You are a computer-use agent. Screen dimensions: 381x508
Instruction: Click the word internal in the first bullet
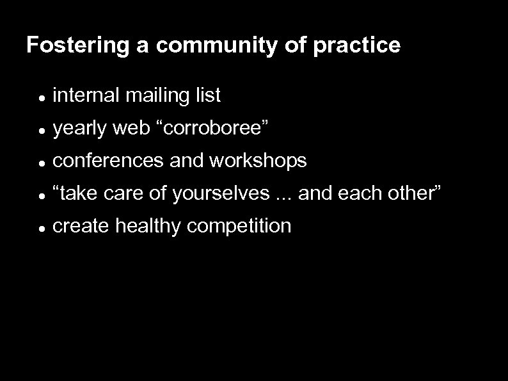[86, 95]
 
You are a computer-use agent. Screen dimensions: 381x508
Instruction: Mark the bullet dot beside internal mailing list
[40, 97]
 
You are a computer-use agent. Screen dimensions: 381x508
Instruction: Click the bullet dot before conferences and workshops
[40, 163]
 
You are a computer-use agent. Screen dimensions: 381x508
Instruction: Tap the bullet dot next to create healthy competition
[40, 227]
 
